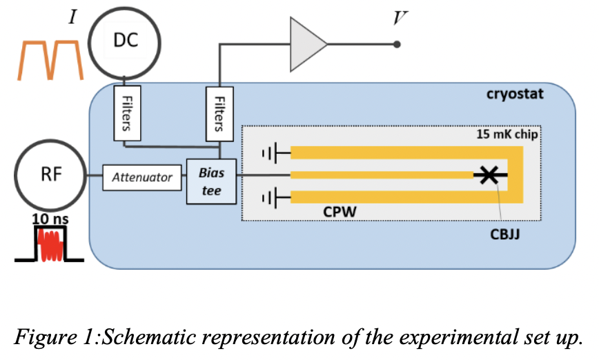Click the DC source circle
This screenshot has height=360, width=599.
pos(125,42)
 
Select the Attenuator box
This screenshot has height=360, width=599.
pos(142,177)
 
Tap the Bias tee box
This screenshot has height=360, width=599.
pos(211,181)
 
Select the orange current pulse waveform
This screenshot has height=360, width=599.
pos(50,59)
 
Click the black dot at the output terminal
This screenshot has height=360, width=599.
pos(397,45)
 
